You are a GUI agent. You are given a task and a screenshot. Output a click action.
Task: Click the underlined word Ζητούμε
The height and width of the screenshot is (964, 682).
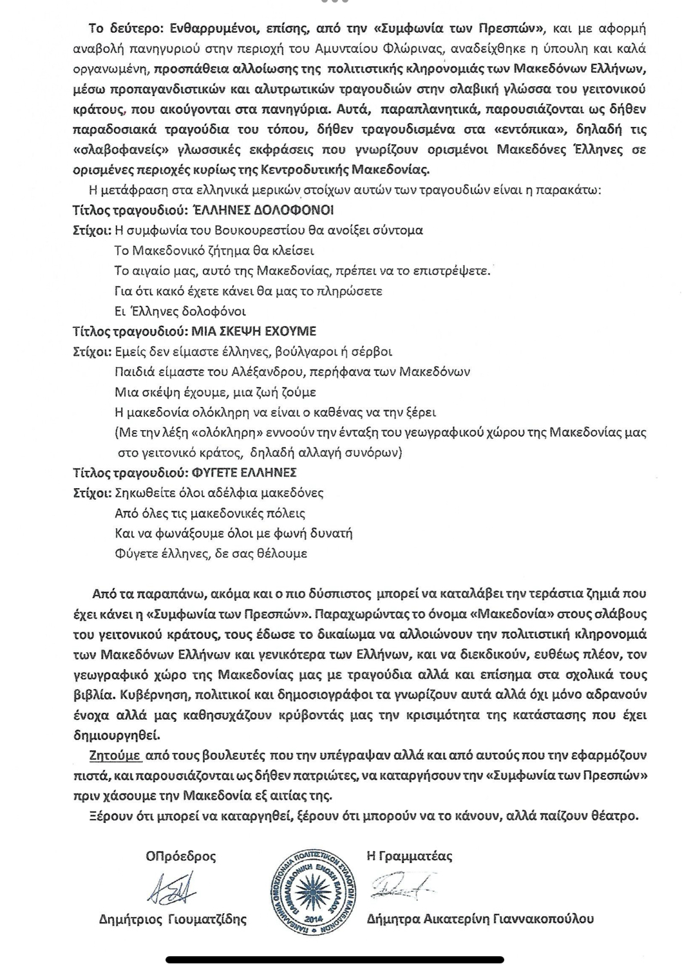(115, 755)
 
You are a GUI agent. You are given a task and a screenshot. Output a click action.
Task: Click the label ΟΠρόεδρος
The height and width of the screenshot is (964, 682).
(181, 856)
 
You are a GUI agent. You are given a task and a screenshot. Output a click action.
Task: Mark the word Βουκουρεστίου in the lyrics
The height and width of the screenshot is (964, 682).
(234, 230)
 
